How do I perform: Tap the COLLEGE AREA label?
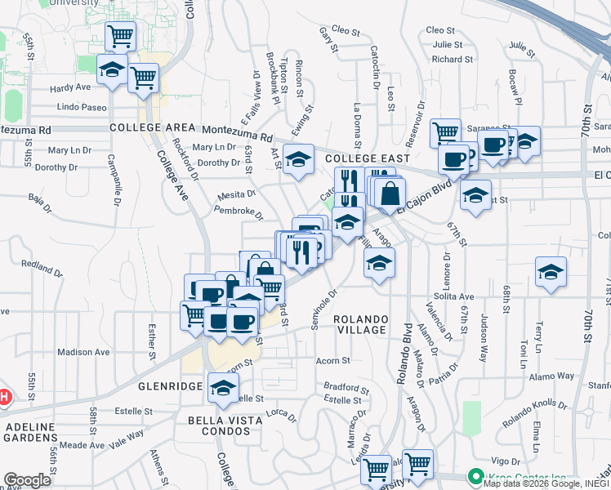point(152,128)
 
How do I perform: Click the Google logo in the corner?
point(27,480)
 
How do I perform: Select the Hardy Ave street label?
point(70,87)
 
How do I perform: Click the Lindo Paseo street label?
point(82,107)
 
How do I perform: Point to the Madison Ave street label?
point(83,352)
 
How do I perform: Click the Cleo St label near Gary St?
point(346,33)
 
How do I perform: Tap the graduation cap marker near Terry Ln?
point(551,272)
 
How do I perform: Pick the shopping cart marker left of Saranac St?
point(445,132)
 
